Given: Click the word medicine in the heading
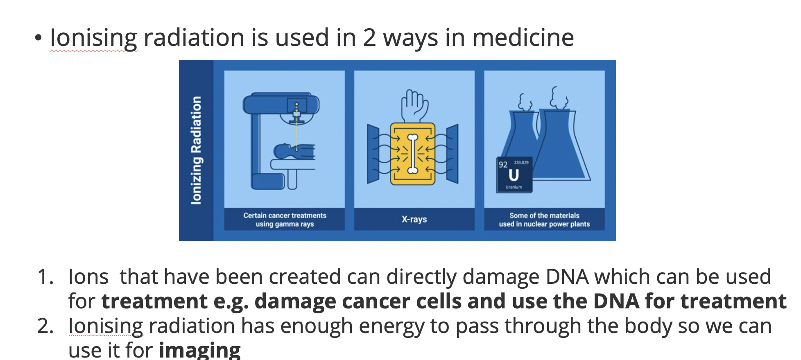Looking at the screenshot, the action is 523,38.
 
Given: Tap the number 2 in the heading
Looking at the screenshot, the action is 369,38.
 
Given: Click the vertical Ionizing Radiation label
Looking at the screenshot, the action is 197,150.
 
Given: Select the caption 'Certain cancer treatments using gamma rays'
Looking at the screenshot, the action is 285,220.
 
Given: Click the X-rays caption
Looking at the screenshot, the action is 414,219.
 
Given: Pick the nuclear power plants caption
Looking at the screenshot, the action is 544,220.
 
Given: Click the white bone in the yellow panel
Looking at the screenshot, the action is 413,154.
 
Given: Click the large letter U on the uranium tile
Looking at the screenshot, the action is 514,175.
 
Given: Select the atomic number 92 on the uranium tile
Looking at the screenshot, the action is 503,165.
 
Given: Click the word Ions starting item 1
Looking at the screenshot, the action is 88,276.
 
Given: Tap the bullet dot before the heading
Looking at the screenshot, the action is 38,38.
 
